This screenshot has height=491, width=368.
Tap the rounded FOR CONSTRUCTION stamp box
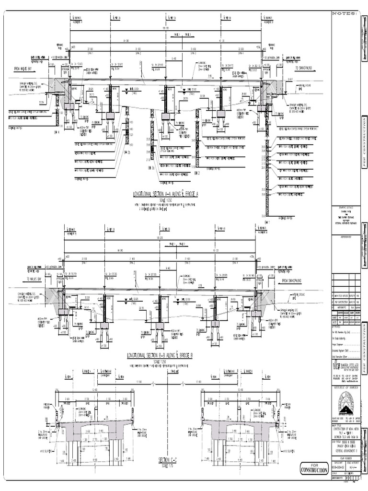[x=314, y=468]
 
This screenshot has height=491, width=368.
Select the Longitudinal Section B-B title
[x=160, y=356]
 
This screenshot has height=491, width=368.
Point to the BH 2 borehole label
[x=195, y=173]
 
